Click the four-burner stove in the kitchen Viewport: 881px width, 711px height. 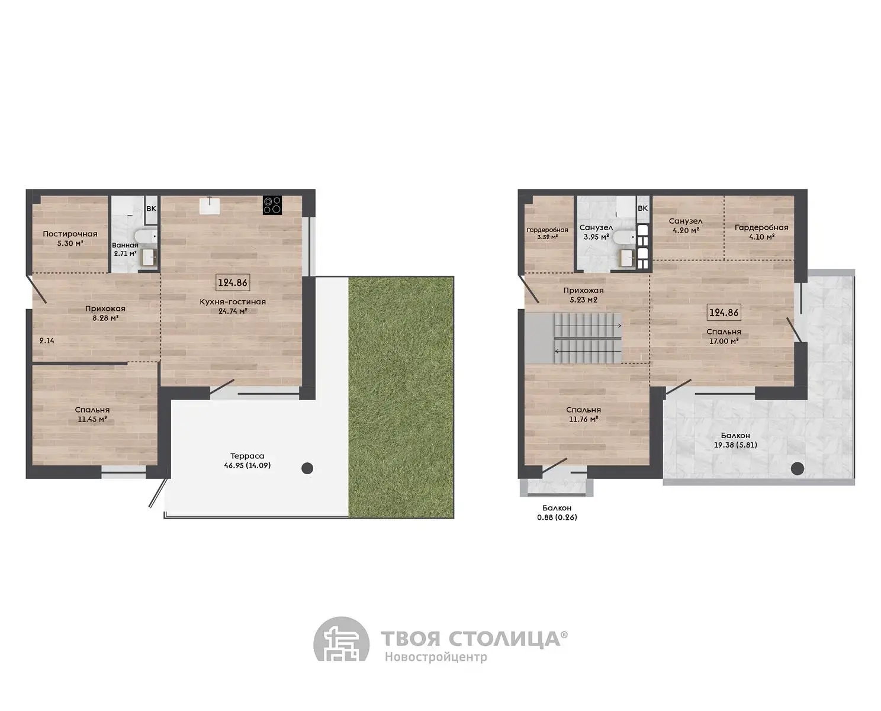tap(272, 205)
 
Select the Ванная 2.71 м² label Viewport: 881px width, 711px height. tap(125, 249)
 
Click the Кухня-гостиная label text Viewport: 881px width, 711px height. tap(233, 302)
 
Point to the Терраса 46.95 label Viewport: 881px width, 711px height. tap(247, 461)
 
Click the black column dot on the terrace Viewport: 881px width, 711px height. tap(307, 468)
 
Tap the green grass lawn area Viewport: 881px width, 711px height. tap(401, 397)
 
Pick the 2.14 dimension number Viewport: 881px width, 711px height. tap(47, 341)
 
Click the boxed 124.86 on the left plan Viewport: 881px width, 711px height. tap(233, 282)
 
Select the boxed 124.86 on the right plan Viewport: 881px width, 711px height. tap(724, 313)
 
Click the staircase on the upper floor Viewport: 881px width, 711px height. tap(574, 339)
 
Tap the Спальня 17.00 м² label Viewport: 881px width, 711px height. tap(724, 336)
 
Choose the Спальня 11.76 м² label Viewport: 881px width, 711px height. tap(583, 414)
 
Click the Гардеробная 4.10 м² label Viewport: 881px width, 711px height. tap(761, 232)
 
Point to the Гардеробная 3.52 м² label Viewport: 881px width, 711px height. tap(547, 233)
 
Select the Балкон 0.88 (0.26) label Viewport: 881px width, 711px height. tap(557, 513)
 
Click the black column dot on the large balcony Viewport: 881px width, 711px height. tap(798, 469)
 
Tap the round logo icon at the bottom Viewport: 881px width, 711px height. tap(341, 645)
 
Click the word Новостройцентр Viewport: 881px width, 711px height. tap(436, 657)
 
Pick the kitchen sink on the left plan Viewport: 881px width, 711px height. tap(211, 205)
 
